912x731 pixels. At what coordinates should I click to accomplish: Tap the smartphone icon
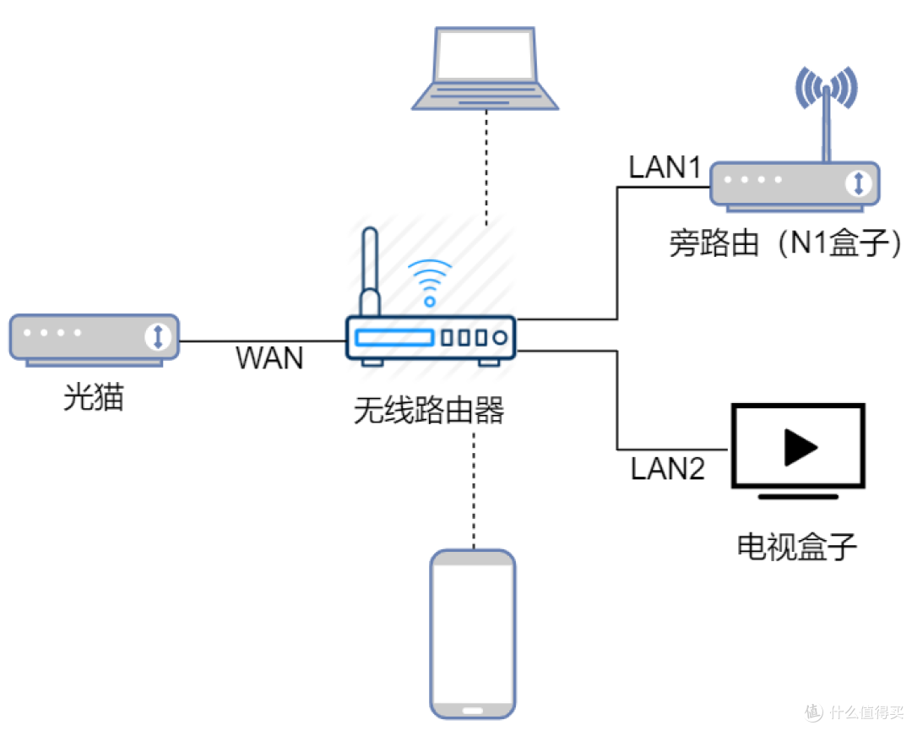pyautogui.click(x=473, y=634)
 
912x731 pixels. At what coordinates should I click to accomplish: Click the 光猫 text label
pyautogui.click(x=94, y=397)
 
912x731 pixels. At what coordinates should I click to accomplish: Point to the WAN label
pyautogui.click(x=269, y=358)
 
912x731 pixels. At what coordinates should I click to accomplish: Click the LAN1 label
pyautogui.click(x=665, y=167)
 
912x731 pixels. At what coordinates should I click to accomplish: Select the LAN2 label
pyautogui.click(x=667, y=468)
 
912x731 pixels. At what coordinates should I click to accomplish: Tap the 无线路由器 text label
pyautogui.click(x=429, y=412)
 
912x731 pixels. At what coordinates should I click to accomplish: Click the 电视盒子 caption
pyautogui.click(x=797, y=547)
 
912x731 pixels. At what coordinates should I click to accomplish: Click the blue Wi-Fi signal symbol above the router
pyautogui.click(x=430, y=281)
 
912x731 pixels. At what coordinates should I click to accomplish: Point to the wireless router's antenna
pyautogui.click(x=369, y=270)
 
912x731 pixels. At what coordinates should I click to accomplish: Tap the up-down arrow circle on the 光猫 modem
pyautogui.click(x=157, y=336)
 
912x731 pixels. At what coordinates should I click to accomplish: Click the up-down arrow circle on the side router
pyautogui.click(x=858, y=183)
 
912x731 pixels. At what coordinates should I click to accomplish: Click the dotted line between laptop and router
pyautogui.click(x=486, y=169)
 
